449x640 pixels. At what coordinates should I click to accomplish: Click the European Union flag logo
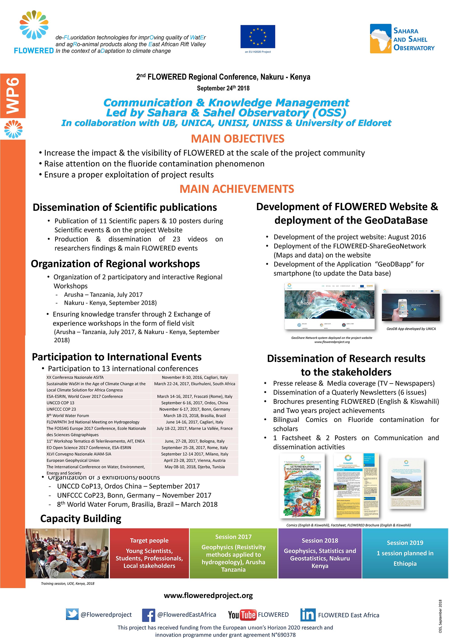click(x=258, y=37)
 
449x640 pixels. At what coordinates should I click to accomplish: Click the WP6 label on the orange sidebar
click(x=13, y=96)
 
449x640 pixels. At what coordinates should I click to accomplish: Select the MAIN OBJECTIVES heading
click(x=237, y=139)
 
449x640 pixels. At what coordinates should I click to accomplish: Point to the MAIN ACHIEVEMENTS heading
click(x=237, y=189)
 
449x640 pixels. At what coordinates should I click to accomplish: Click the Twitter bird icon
click(x=72, y=614)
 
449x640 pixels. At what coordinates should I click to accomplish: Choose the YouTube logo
click(x=242, y=615)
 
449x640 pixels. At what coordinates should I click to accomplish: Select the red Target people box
click(x=149, y=553)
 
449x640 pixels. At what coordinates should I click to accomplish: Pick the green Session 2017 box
click(x=234, y=553)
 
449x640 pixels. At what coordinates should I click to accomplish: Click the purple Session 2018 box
click(x=320, y=553)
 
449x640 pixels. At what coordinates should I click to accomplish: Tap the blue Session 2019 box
click(x=405, y=553)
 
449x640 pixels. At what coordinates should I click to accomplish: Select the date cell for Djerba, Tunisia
click(x=194, y=467)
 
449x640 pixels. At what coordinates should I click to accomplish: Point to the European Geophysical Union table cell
click(x=73, y=460)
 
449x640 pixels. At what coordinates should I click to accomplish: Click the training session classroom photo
click(x=67, y=553)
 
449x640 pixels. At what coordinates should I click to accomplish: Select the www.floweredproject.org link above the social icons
click(x=208, y=595)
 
